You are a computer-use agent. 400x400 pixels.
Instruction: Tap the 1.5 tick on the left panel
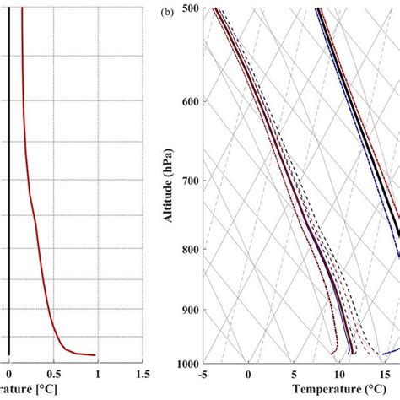[142, 372]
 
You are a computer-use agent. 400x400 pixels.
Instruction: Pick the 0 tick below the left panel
[9, 372]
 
